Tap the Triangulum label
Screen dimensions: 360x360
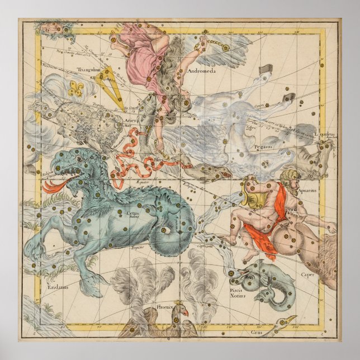88,70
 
